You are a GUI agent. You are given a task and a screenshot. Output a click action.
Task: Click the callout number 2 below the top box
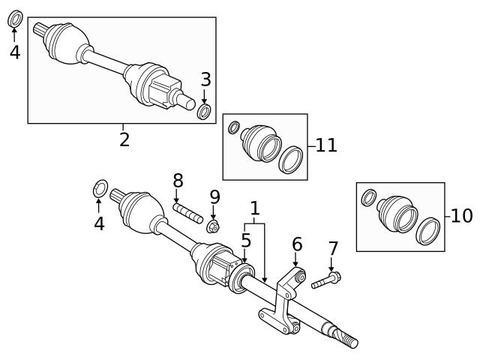point(124,138)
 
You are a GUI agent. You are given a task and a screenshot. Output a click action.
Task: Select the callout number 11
point(325,145)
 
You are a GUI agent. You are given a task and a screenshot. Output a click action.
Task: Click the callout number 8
point(178,180)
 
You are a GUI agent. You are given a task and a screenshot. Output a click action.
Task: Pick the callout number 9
point(214,196)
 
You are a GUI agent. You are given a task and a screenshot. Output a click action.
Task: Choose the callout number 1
point(255,207)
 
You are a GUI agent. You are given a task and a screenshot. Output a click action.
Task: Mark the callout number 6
point(297,244)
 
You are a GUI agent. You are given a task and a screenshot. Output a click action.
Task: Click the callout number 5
point(245,241)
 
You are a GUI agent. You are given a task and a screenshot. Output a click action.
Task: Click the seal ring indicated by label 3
point(204,112)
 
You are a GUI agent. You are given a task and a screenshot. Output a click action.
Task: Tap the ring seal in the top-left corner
point(14,18)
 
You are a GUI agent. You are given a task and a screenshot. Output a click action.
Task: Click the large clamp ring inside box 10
point(428,230)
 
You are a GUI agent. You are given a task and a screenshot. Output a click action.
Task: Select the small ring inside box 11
point(233,128)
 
